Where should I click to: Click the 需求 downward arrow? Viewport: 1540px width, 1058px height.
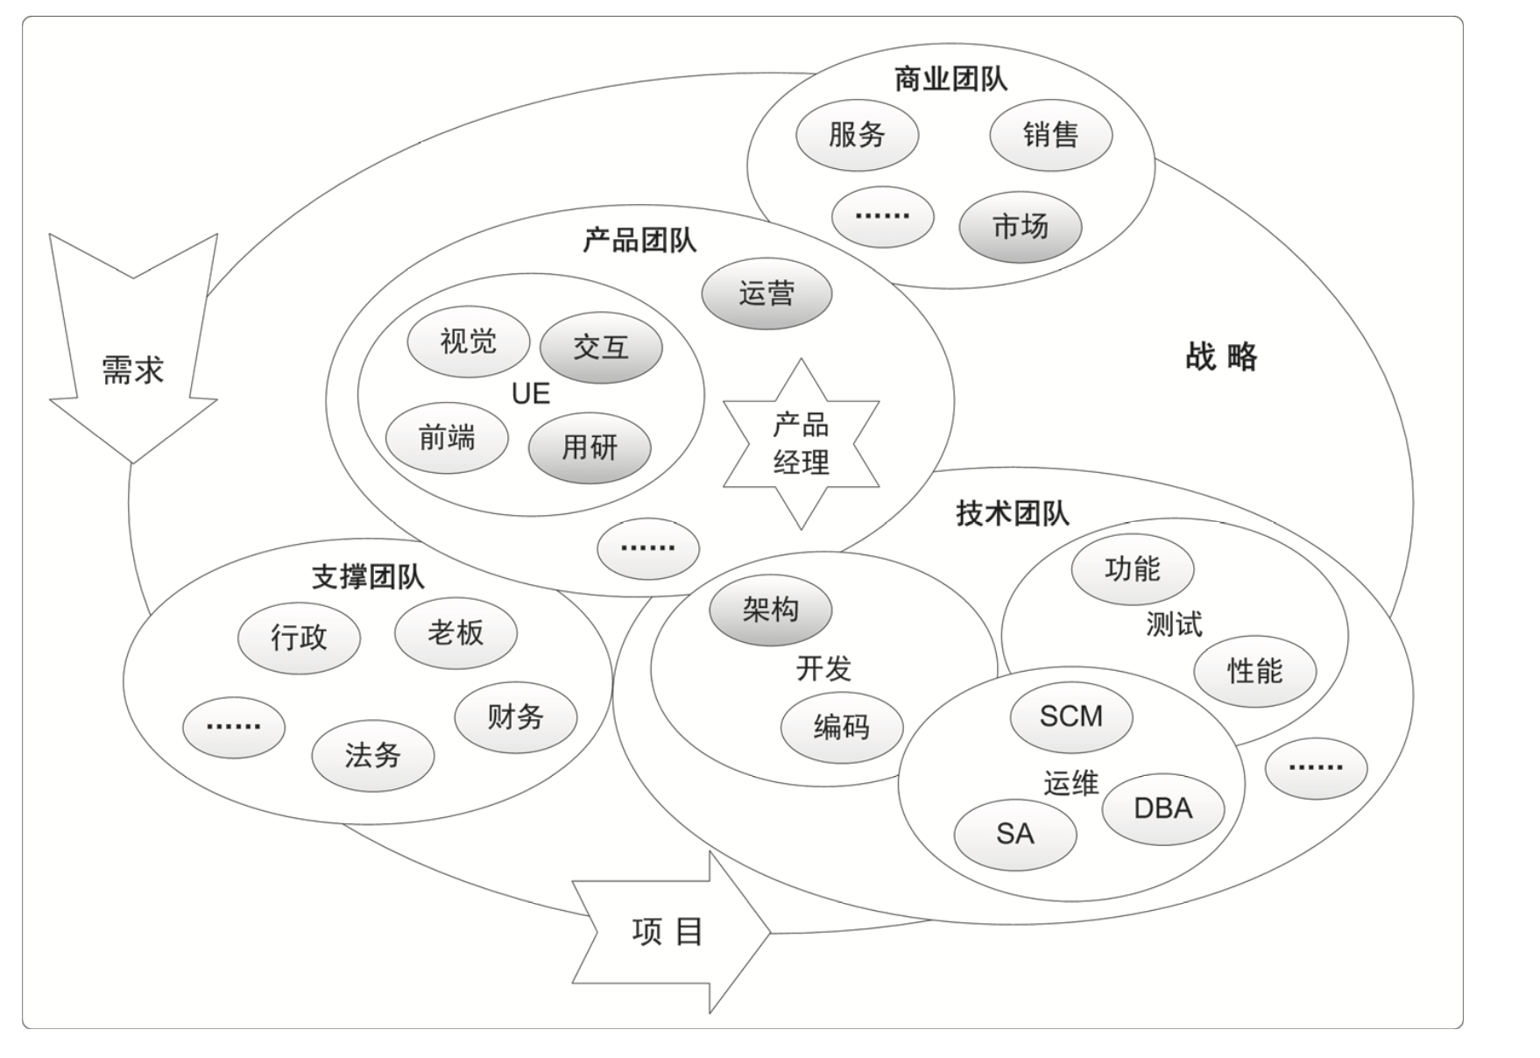(x=133, y=368)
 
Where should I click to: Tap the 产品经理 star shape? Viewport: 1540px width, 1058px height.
(x=801, y=444)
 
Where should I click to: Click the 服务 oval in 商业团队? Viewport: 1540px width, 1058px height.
(x=857, y=135)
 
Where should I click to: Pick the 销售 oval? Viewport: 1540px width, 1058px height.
(x=1050, y=135)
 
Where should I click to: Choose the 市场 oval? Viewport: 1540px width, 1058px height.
(x=1021, y=227)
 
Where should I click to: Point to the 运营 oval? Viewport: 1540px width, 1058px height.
(x=766, y=293)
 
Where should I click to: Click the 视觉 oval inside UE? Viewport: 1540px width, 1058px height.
(x=468, y=341)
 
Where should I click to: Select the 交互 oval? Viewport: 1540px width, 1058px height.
(x=601, y=348)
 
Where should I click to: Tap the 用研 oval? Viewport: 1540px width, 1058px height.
(x=590, y=448)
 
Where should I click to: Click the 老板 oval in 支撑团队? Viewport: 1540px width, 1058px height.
(x=456, y=632)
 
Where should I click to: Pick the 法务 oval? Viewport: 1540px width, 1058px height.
(x=372, y=755)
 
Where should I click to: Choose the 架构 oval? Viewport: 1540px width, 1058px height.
(x=770, y=609)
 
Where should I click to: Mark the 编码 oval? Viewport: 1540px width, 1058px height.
(x=841, y=727)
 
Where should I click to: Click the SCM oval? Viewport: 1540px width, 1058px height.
(x=1070, y=716)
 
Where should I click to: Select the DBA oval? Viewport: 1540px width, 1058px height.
(x=1162, y=808)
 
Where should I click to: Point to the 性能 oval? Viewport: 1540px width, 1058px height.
(x=1254, y=671)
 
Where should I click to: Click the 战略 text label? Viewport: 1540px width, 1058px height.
(x=1221, y=357)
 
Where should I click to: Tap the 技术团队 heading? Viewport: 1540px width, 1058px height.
(x=1013, y=513)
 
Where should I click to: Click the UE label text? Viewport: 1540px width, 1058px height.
(x=531, y=394)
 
